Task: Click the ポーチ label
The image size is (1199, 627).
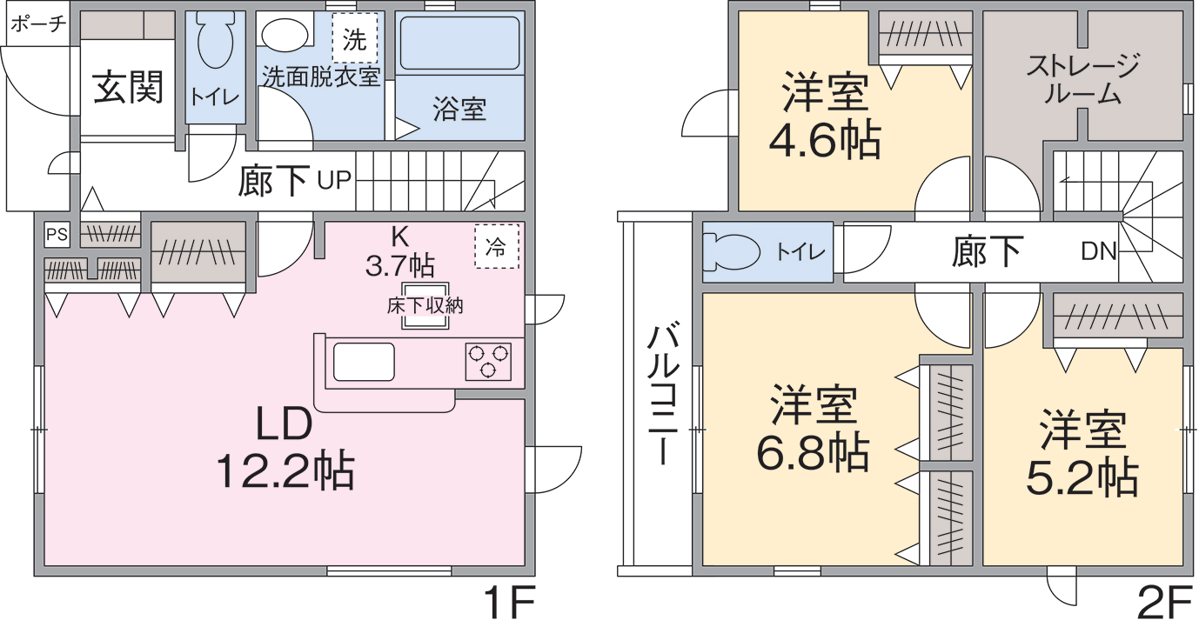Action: (x=38, y=23)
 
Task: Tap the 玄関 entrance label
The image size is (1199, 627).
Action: (x=128, y=88)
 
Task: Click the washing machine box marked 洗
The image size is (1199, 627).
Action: (x=355, y=38)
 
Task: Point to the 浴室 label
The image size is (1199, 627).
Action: (x=459, y=110)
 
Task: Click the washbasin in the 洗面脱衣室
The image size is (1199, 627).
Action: (x=285, y=35)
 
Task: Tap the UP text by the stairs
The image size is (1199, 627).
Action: (x=334, y=181)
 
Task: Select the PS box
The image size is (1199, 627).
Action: (x=57, y=234)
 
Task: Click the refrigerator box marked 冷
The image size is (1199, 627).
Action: (x=496, y=246)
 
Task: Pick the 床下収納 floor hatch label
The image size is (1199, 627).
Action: (x=425, y=306)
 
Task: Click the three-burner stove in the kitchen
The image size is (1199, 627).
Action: (x=488, y=361)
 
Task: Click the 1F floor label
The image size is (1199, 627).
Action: (x=508, y=603)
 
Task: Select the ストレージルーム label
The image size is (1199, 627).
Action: (x=1082, y=80)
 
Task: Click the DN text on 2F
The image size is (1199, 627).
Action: (x=1098, y=252)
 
